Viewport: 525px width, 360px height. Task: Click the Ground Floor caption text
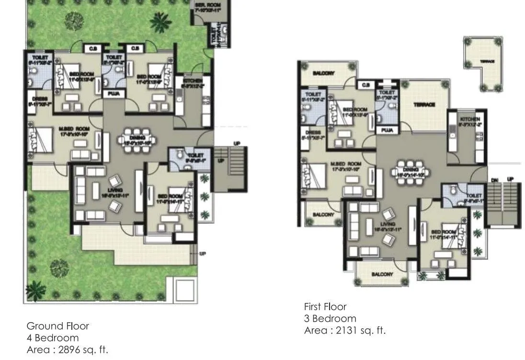[x=57, y=326]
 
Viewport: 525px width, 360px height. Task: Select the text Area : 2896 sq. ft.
[x=67, y=349]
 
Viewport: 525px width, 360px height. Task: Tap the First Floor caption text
[x=325, y=307]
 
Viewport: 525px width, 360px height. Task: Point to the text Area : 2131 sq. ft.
[x=344, y=330]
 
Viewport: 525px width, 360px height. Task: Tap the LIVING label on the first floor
[x=388, y=224]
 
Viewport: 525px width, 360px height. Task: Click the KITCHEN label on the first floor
[x=469, y=118]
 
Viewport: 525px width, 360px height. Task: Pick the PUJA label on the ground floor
[x=114, y=93]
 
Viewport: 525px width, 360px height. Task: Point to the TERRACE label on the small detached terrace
[x=488, y=62]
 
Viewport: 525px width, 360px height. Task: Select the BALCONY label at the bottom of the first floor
[x=382, y=275]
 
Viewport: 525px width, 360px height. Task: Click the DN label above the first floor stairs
[x=494, y=180]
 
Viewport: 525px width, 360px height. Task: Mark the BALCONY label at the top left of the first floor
[x=323, y=73]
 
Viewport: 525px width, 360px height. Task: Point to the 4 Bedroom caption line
[x=52, y=338]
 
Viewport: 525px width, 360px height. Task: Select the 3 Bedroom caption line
[x=330, y=319]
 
